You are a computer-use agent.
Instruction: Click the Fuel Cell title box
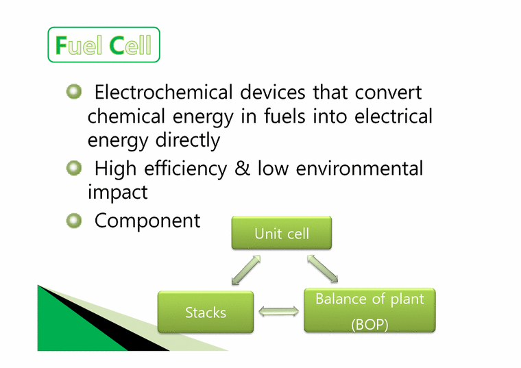coord(104,45)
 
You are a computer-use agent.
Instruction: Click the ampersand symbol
coord(242,169)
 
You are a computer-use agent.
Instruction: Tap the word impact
coord(117,193)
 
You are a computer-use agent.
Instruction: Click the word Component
coord(147,221)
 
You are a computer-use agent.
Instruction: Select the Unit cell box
coord(282,234)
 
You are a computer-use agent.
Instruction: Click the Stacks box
coord(206,312)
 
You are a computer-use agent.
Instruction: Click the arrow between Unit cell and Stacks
coord(246,269)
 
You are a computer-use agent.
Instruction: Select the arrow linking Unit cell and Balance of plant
coord(322,268)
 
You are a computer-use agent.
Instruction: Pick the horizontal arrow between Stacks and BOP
coord(279,312)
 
